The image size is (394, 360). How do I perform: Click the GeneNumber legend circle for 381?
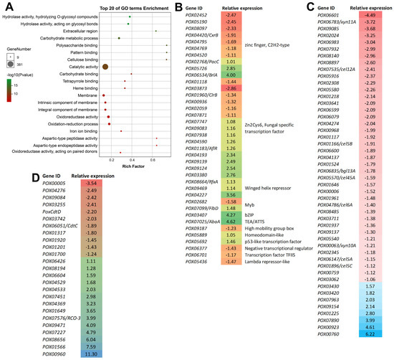[x=10, y=62]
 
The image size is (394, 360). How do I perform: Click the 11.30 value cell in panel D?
[x=87, y=354]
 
